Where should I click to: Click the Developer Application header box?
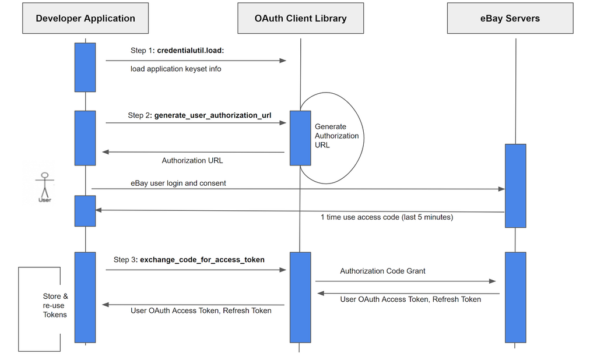click(85, 18)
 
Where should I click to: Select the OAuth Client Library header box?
click(300, 18)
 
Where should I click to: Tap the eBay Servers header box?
click(510, 18)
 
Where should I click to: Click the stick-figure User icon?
click(44, 187)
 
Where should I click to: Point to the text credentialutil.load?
click(191, 51)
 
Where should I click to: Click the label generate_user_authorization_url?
click(213, 115)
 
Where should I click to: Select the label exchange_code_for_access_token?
click(202, 260)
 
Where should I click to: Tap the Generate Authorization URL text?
click(336, 136)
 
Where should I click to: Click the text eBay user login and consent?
click(178, 183)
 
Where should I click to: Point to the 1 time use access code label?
click(387, 217)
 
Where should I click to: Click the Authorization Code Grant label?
click(382, 271)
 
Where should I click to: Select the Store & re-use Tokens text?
click(55, 306)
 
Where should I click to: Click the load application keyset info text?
click(175, 69)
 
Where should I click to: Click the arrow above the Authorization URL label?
click(193, 152)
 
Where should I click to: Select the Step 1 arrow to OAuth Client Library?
click(195, 60)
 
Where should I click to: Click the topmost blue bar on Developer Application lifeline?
click(85, 67)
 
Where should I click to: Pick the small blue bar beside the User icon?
click(85, 210)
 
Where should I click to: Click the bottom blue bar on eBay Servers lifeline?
click(515, 297)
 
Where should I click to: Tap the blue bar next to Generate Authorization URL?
click(300, 137)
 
